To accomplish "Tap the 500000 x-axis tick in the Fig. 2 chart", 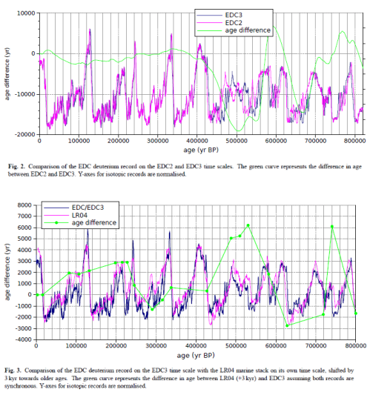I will pos(237,140).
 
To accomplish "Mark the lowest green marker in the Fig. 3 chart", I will pos(288,325).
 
